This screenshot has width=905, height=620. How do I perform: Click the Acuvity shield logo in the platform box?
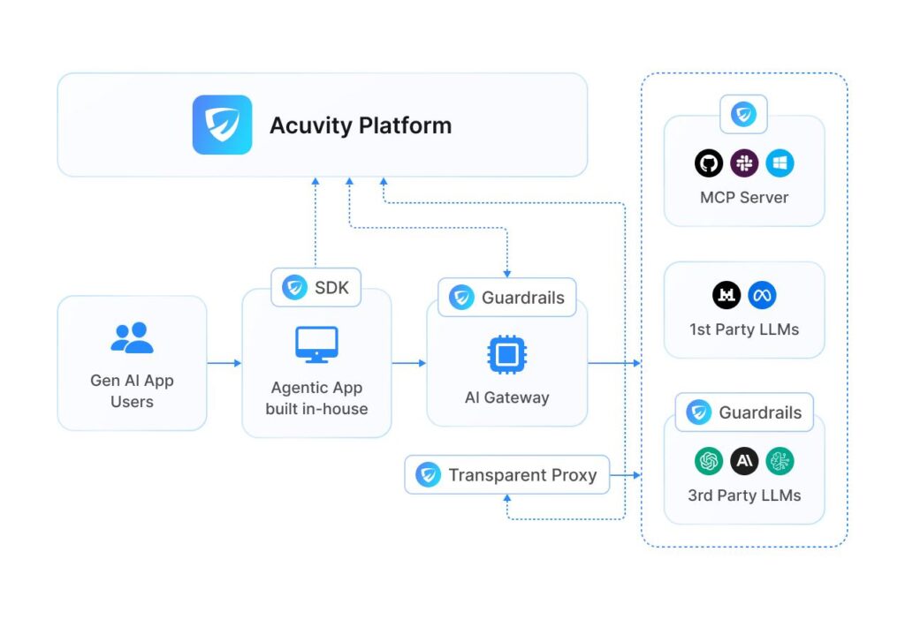(222, 125)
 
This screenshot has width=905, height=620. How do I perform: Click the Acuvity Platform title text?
(360, 125)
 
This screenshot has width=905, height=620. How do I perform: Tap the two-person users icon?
(132, 338)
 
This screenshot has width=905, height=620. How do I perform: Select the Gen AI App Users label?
(132, 391)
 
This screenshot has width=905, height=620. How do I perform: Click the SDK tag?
(316, 287)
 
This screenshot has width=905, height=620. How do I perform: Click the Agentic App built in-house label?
(316, 398)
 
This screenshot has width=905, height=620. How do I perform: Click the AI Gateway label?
(506, 397)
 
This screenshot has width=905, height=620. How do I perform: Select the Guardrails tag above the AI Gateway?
(506, 298)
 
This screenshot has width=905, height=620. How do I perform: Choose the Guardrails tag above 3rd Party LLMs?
(744, 412)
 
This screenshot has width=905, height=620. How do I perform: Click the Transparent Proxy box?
(506, 475)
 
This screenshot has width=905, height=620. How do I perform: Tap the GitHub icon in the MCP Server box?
(709, 163)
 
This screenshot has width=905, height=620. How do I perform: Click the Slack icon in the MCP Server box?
(744, 163)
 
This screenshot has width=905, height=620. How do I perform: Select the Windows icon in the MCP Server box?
(780, 163)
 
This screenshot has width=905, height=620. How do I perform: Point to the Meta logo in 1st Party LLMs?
(762, 296)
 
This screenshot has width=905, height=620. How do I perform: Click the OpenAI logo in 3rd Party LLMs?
(709, 461)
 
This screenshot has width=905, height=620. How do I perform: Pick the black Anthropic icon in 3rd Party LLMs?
(744, 461)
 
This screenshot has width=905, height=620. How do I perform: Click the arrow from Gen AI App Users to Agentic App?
(224, 363)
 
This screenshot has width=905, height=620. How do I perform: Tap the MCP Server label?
(744, 198)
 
